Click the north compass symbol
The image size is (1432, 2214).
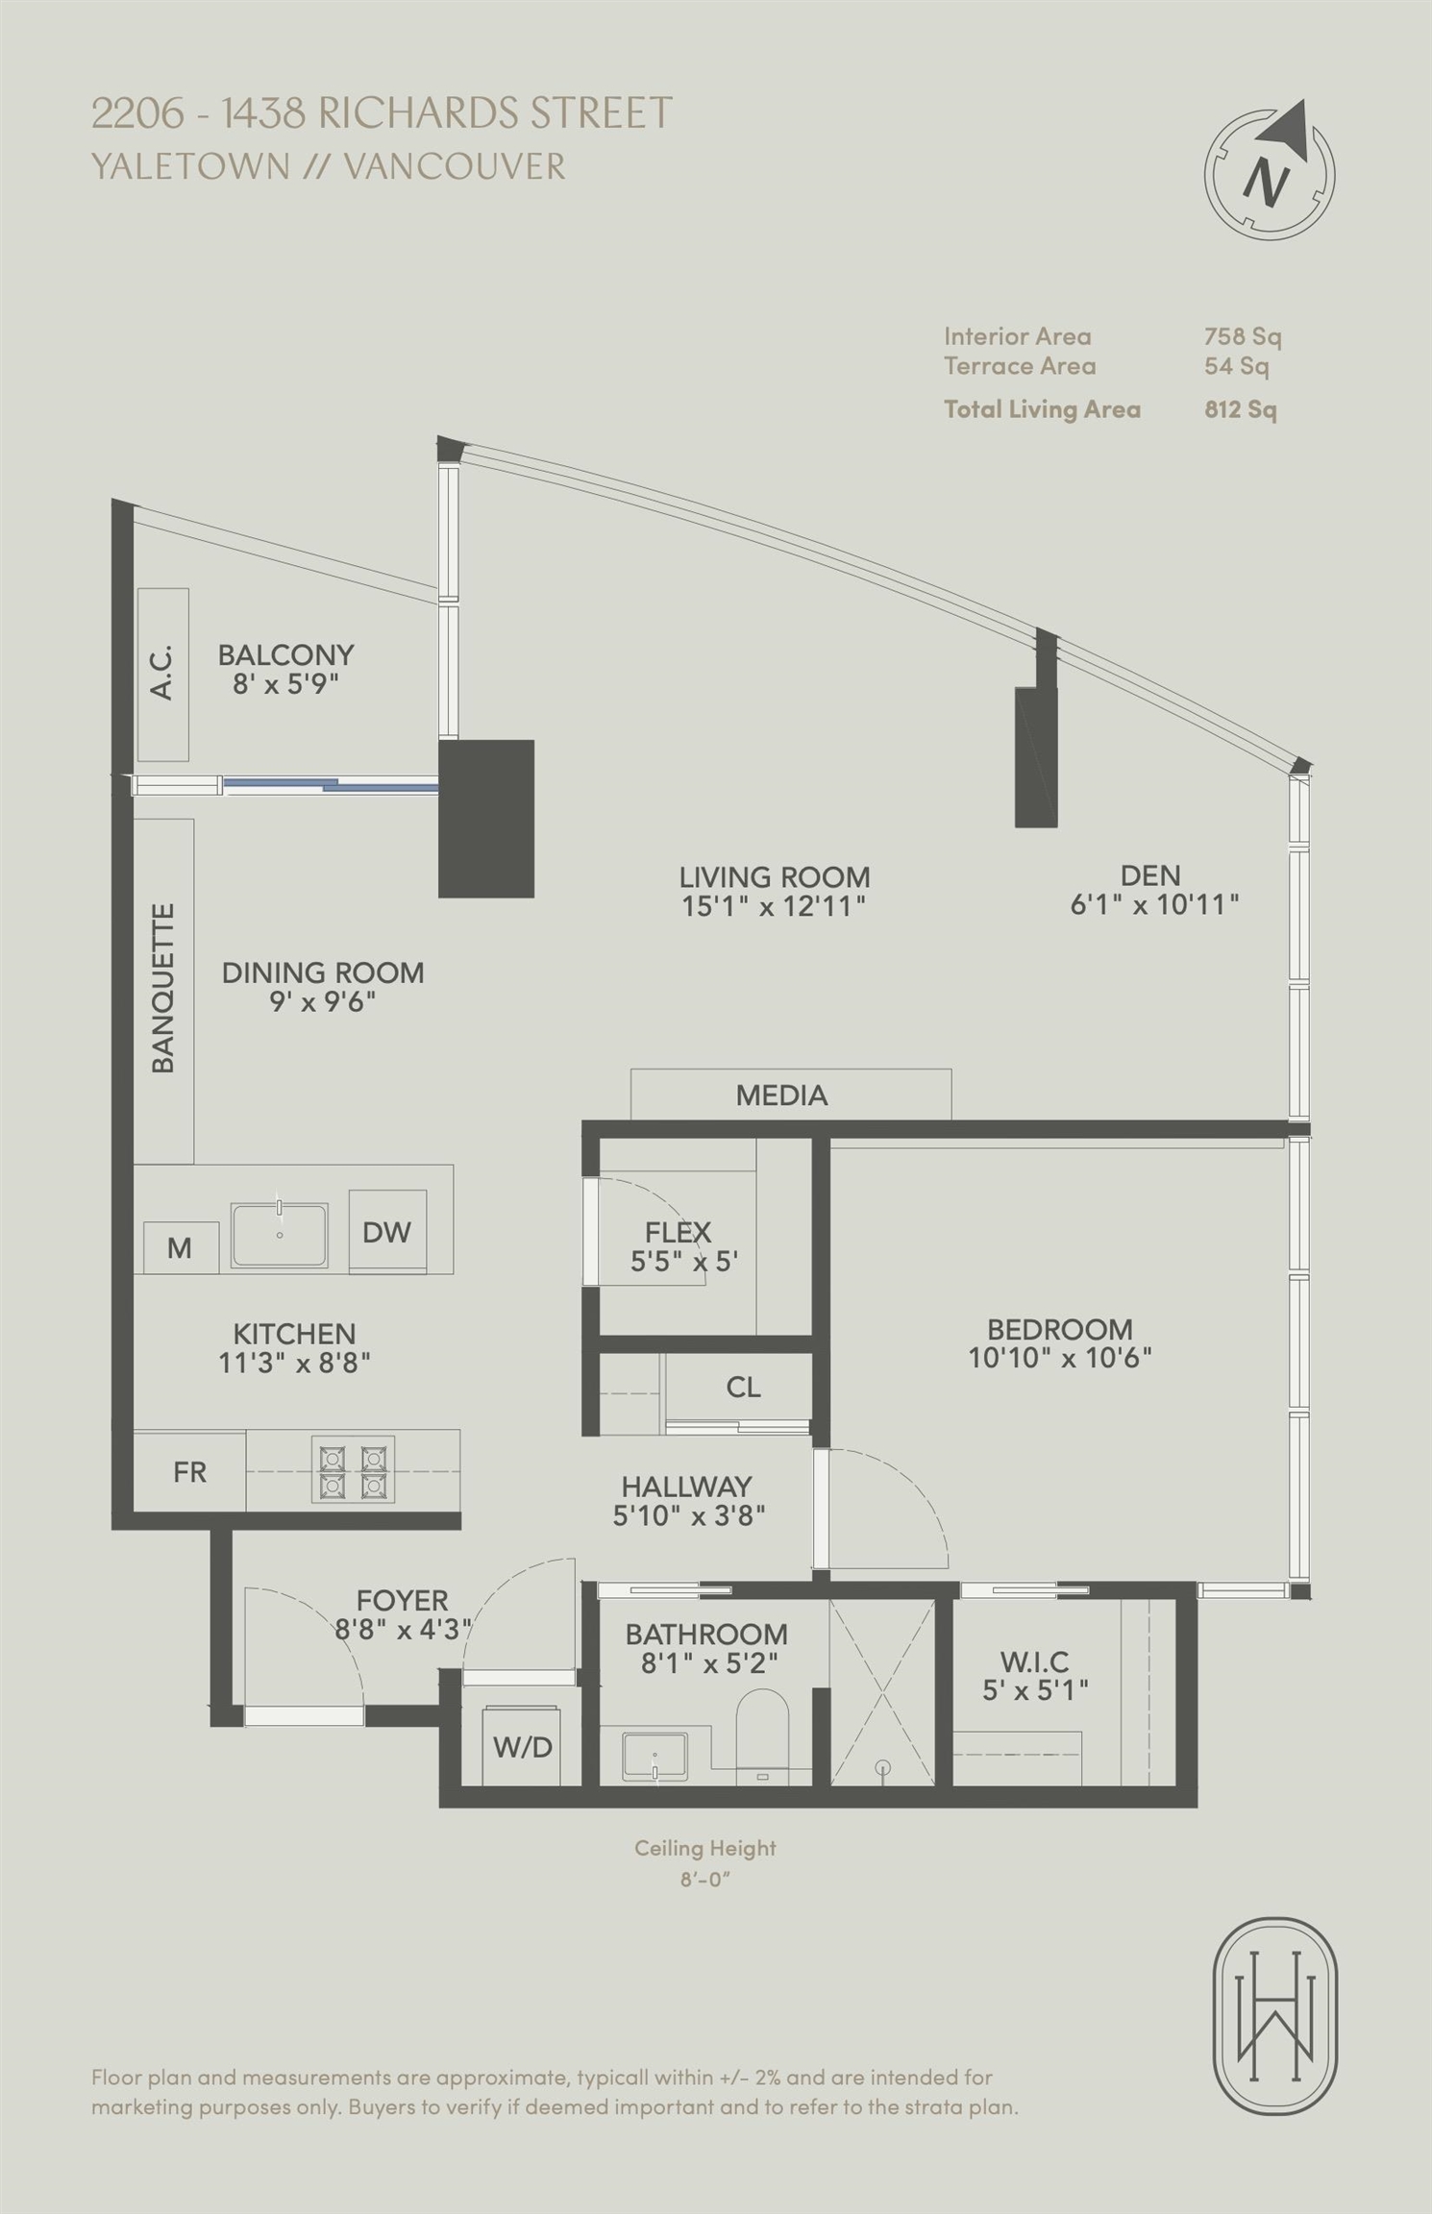(x=1271, y=171)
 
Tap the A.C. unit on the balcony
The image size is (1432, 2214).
(x=162, y=675)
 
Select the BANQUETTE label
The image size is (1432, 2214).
(x=163, y=987)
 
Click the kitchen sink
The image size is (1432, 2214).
(x=279, y=1235)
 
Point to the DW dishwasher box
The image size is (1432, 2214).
(x=387, y=1232)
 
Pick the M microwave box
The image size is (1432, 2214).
(x=181, y=1247)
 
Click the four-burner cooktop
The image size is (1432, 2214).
(x=353, y=1470)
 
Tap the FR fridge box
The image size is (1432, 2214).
(x=189, y=1471)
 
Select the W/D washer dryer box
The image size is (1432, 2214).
(x=523, y=1745)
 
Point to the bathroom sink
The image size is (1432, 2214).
(x=654, y=1757)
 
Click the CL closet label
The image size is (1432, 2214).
(x=744, y=1387)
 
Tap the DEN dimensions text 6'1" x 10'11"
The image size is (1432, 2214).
(x=1154, y=904)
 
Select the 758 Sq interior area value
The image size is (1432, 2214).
(x=1243, y=336)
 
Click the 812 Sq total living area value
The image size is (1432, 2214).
(x=1241, y=409)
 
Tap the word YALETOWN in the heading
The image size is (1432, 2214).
(x=190, y=166)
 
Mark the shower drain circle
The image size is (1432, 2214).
(x=883, y=1767)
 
